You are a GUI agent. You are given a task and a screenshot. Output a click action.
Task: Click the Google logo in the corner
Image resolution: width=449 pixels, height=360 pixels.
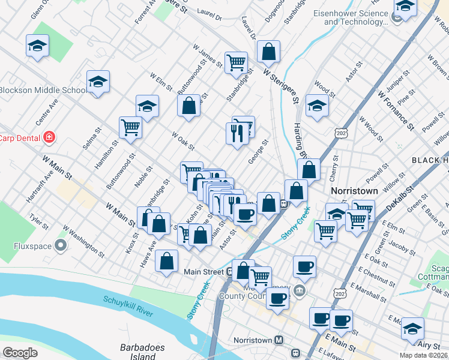[x=20, y=352]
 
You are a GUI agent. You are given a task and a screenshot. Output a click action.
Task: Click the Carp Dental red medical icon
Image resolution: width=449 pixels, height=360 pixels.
[x=49, y=138]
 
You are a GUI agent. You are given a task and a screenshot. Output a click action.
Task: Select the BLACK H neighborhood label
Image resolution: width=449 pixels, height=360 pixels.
[x=429, y=160]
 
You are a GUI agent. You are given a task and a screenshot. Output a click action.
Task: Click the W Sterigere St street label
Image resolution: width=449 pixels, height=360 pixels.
[x=281, y=85]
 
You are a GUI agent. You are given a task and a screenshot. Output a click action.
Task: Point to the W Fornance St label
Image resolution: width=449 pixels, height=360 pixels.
[x=396, y=110]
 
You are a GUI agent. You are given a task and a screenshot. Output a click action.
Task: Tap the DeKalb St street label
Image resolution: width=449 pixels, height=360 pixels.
[x=400, y=197]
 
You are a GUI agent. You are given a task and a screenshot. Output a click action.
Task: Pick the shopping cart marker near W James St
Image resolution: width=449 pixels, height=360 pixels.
[x=236, y=62]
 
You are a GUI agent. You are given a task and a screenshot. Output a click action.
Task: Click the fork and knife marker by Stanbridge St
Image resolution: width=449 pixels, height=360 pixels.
[x=238, y=133]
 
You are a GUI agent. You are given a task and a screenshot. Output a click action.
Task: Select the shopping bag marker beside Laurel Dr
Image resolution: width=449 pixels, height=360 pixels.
[x=269, y=52]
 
